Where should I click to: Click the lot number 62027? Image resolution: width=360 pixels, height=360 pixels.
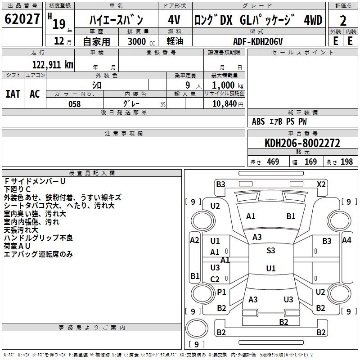point(22,20)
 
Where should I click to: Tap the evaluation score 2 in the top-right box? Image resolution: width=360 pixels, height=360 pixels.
point(343,21)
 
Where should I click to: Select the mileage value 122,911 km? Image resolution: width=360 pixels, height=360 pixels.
point(53,65)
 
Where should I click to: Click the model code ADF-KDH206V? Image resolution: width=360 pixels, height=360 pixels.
point(258,40)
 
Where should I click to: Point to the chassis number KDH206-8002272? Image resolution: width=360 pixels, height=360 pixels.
point(302,143)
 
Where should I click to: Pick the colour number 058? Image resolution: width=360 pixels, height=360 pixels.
point(74,104)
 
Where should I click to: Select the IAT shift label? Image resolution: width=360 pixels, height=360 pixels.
point(13,94)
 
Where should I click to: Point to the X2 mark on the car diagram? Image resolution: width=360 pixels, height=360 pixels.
point(321,184)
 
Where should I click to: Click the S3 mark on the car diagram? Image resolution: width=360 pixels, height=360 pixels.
point(270,251)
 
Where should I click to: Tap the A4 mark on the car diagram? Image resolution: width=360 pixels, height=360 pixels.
point(346,240)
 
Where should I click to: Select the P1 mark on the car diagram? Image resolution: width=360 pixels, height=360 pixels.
point(221,292)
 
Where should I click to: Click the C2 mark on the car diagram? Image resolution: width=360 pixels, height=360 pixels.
point(215,279)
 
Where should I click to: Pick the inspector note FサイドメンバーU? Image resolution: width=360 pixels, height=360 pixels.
point(35,181)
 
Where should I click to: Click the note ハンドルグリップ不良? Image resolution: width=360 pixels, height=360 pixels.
point(38,238)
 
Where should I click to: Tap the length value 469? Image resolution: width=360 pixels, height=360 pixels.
point(273,162)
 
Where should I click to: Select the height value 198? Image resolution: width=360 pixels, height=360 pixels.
point(346,162)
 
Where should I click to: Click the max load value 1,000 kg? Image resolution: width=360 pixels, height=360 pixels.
point(227,85)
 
